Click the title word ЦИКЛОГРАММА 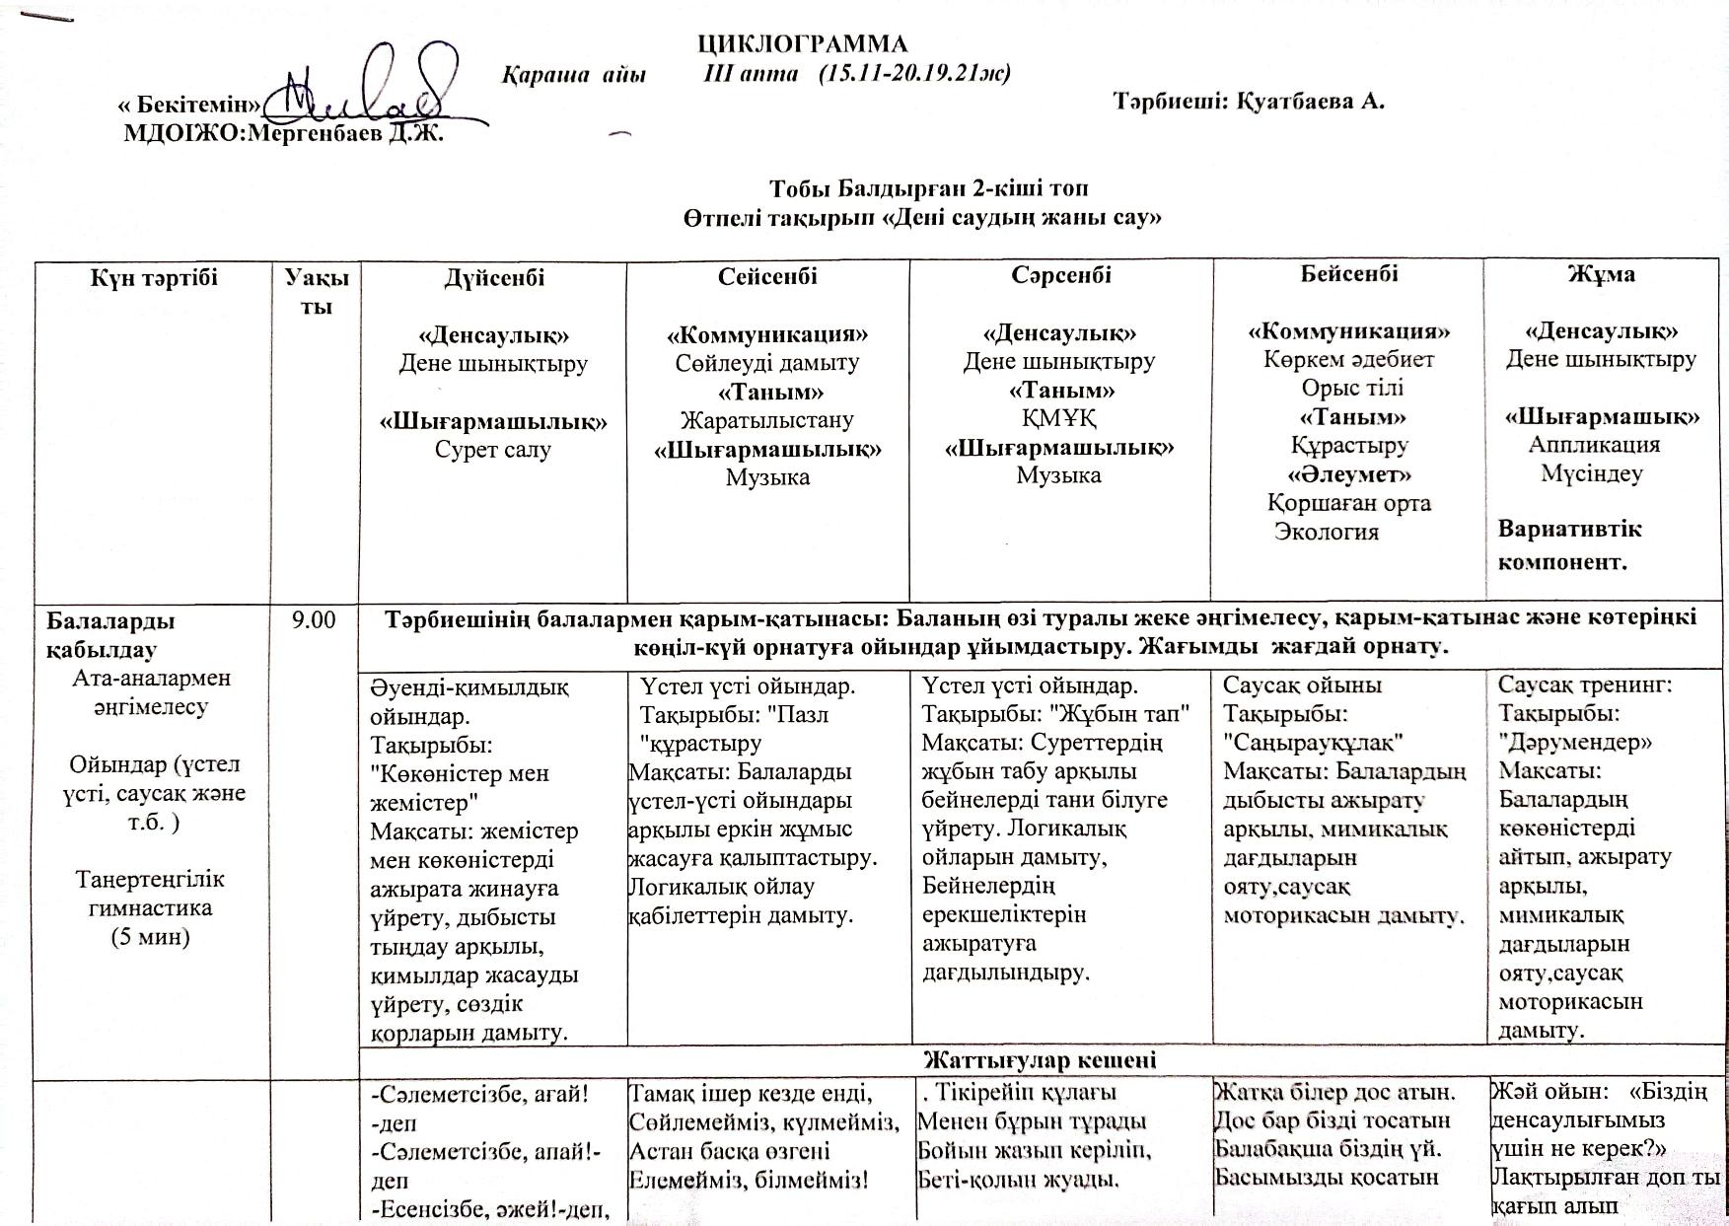(x=802, y=44)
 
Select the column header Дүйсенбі (x=493, y=278)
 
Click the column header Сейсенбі (x=767, y=276)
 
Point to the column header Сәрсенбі (x=1060, y=275)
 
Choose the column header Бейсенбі (x=1348, y=273)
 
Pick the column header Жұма (x=1601, y=273)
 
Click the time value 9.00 (x=315, y=619)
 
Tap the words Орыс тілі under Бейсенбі (x=1351, y=388)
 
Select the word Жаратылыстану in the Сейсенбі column (x=767, y=420)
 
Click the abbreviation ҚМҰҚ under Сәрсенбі (x=1059, y=418)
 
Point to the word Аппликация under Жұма (x=1594, y=444)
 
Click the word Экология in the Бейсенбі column (x=1326, y=532)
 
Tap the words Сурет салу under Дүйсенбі (x=493, y=450)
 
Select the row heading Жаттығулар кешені (x=1040, y=1060)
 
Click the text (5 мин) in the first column (x=151, y=936)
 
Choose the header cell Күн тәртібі (x=154, y=278)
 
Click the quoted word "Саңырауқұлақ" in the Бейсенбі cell (x=1313, y=742)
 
